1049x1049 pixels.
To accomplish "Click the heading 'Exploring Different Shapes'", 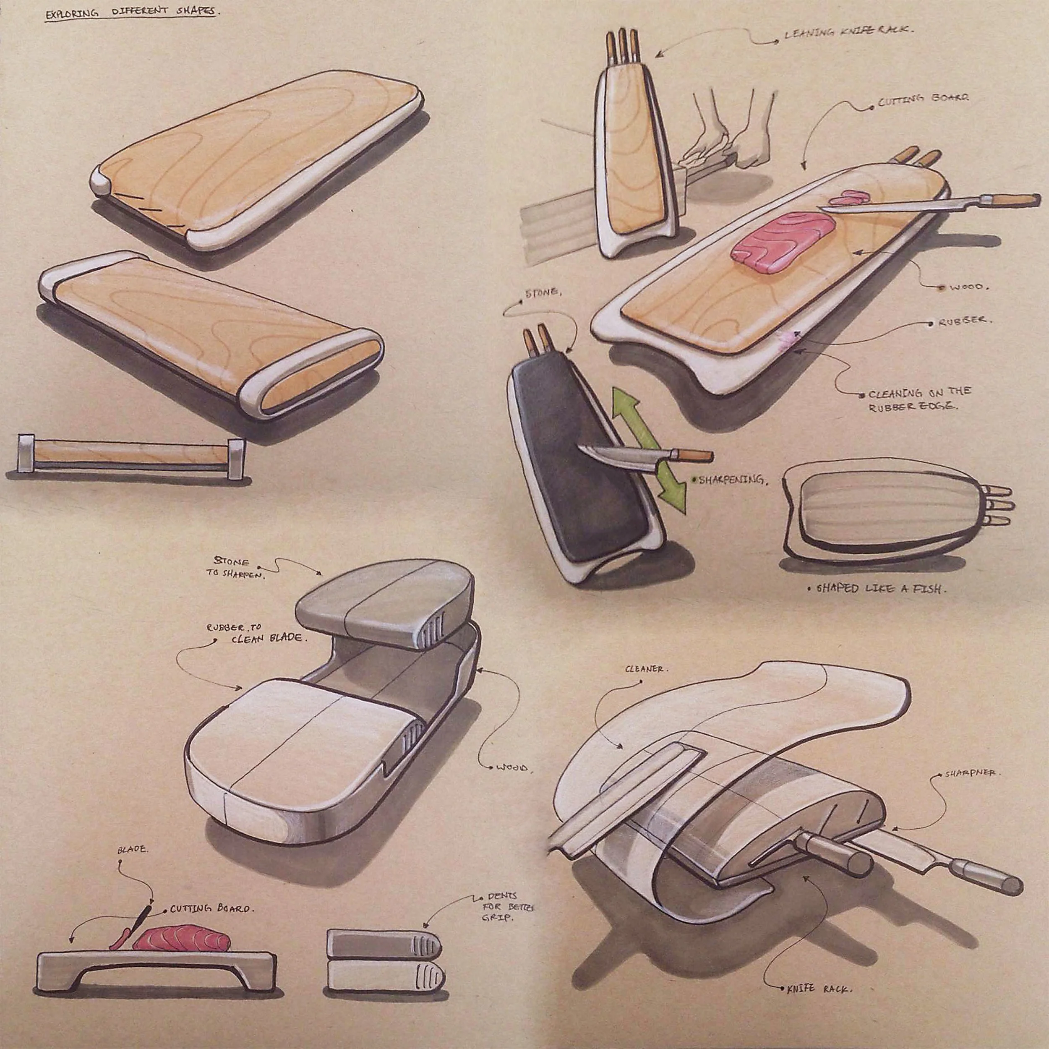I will [131, 13].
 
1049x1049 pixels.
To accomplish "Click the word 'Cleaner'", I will [644, 669].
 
